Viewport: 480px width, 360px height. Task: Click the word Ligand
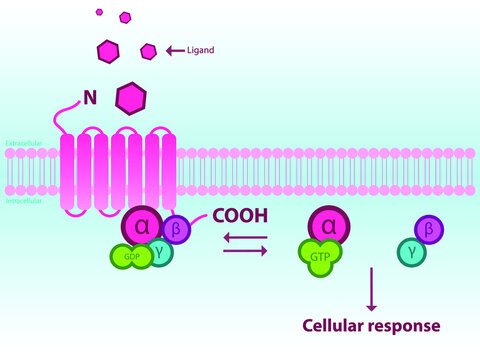[x=201, y=49]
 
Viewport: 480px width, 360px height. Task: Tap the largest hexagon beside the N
[x=132, y=98]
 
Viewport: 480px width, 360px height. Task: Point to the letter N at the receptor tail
[x=90, y=99]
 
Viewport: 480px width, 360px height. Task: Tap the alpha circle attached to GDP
[x=141, y=227]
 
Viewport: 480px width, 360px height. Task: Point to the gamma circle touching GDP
[x=161, y=252]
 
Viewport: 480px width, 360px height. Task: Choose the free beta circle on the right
[x=429, y=231]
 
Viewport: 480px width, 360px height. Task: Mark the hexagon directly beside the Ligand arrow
[x=149, y=50]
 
